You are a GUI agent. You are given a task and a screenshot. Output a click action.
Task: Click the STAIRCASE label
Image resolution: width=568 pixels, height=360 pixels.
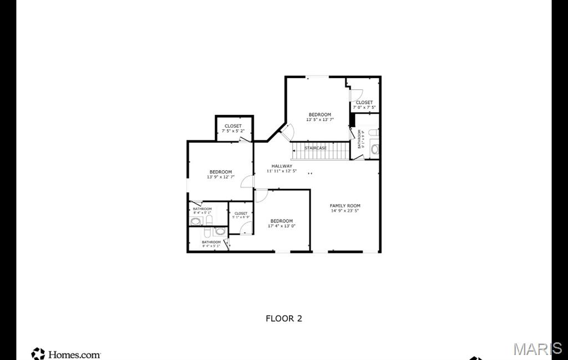point(316,148)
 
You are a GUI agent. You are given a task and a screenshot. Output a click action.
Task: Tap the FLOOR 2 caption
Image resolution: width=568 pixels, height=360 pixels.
point(283,318)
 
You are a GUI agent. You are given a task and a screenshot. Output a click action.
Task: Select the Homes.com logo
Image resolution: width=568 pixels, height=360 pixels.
point(66,353)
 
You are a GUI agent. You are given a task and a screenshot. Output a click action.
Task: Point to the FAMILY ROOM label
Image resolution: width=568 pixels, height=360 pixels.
point(345,206)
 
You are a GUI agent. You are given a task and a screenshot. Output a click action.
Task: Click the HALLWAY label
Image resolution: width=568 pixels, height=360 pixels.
point(282,166)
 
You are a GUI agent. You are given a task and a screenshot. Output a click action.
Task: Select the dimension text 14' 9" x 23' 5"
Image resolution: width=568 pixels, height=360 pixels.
point(345,211)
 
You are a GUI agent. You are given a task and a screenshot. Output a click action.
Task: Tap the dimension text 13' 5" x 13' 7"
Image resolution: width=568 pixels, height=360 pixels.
point(320,120)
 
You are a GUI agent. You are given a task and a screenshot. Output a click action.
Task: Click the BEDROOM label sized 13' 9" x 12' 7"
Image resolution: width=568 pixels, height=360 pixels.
point(221,172)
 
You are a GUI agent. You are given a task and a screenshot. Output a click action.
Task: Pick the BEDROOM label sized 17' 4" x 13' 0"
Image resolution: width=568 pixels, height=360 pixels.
point(282,221)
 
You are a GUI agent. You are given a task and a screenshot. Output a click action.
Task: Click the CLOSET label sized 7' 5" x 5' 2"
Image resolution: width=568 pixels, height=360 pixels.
point(233,126)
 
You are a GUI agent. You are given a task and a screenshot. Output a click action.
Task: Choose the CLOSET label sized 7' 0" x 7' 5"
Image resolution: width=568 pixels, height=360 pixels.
point(364,102)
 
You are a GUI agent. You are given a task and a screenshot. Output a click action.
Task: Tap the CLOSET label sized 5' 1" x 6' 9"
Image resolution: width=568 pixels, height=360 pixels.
point(241,213)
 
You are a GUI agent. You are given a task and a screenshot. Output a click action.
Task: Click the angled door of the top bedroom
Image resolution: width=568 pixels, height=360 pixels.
point(287,131)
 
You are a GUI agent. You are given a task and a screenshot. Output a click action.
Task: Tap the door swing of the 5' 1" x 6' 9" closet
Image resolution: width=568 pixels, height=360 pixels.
point(246,227)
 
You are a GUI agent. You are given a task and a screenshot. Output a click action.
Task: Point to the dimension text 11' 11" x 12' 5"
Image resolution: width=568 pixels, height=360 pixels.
point(282,171)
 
